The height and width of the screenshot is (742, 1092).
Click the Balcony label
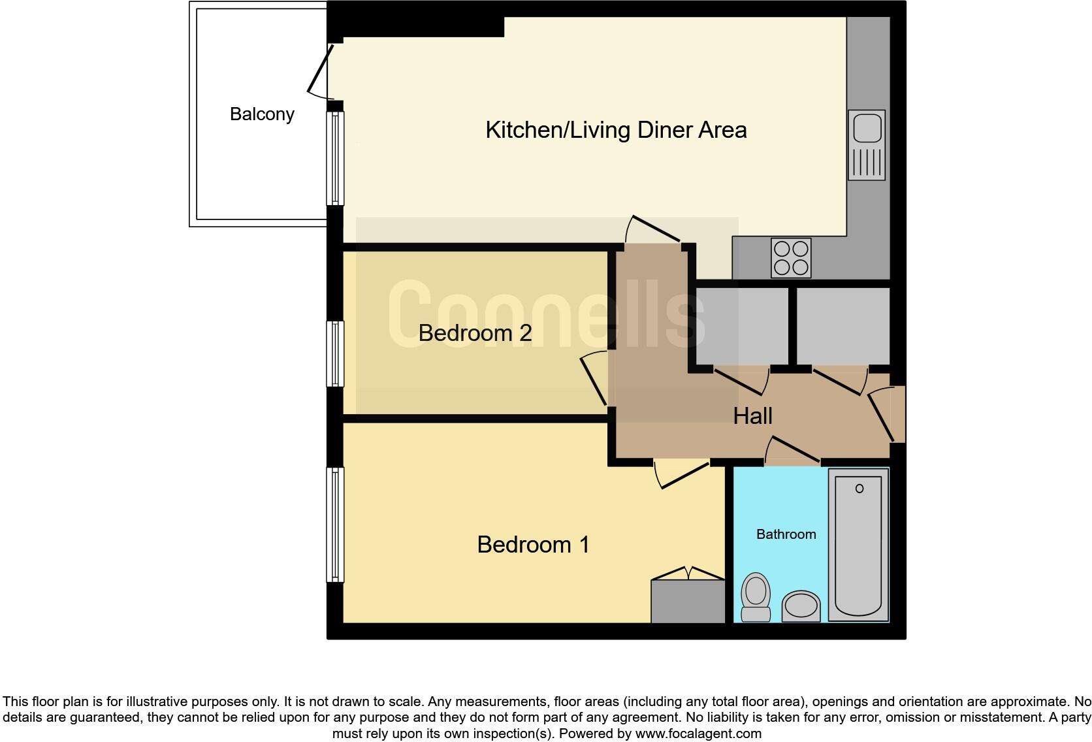262,114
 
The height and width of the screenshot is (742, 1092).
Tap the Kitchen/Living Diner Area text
615,130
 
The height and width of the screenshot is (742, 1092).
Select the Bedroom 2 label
475,333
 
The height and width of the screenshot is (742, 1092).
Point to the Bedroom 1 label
533,545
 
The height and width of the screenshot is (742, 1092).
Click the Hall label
752,416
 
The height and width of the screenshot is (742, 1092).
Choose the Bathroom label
786,534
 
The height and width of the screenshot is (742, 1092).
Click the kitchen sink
867,144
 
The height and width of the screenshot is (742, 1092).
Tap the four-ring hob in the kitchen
791,258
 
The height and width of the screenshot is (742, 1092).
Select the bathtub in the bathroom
858,545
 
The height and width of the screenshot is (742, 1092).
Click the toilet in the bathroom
756,597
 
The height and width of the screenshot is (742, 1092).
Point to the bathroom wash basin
801,605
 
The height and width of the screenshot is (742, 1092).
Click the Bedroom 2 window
335,353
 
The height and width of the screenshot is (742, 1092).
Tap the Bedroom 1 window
335,524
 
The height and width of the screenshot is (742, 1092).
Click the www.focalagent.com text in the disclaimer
698,734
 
